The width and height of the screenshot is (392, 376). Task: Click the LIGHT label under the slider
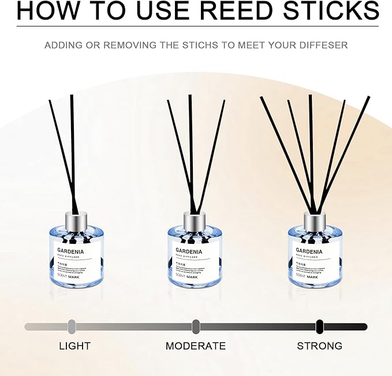(x=74, y=346)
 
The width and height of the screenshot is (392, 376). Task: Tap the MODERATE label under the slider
(x=196, y=346)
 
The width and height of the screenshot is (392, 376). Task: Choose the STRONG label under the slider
(x=319, y=346)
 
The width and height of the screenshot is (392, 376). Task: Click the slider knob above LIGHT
(x=72, y=326)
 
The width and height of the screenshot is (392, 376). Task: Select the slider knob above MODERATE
(x=196, y=326)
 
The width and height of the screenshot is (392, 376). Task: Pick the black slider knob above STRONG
(x=319, y=326)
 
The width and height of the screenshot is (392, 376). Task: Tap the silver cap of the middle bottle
(x=195, y=220)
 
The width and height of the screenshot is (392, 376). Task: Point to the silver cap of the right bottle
(x=315, y=220)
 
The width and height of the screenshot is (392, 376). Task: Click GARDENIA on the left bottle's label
(x=70, y=251)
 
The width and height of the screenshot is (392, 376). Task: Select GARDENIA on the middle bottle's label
(x=189, y=251)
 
